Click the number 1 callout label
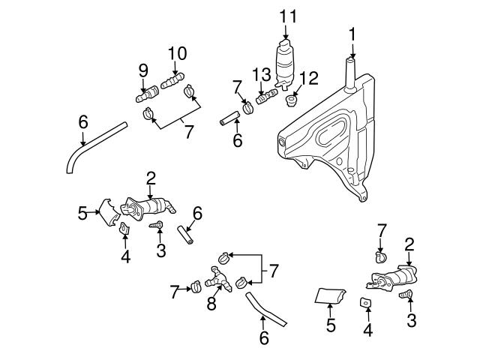(352, 34)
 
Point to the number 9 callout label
(143, 70)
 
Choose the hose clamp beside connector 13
(247, 109)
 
